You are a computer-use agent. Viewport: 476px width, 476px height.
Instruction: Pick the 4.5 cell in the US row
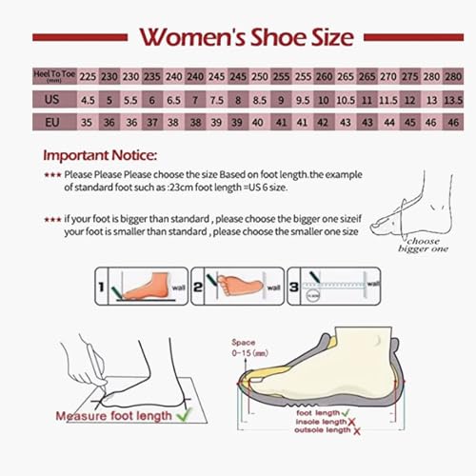tap(88, 99)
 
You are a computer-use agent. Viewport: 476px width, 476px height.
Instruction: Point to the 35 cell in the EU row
tap(88, 122)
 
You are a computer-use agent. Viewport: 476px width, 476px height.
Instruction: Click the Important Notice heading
tap(102, 155)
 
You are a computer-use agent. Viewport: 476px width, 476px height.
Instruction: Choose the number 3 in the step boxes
tap(294, 284)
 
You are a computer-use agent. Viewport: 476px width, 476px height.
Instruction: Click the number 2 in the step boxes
tap(198, 284)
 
